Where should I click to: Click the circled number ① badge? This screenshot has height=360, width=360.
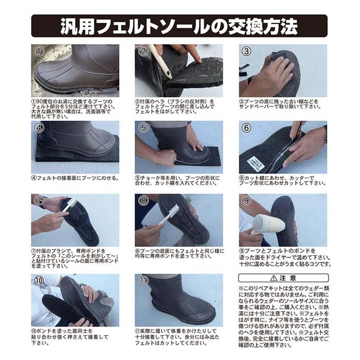40,51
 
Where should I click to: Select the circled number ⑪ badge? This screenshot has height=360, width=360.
143,281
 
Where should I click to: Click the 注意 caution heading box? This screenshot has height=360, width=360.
283,278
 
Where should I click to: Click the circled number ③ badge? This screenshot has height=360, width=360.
246,51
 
